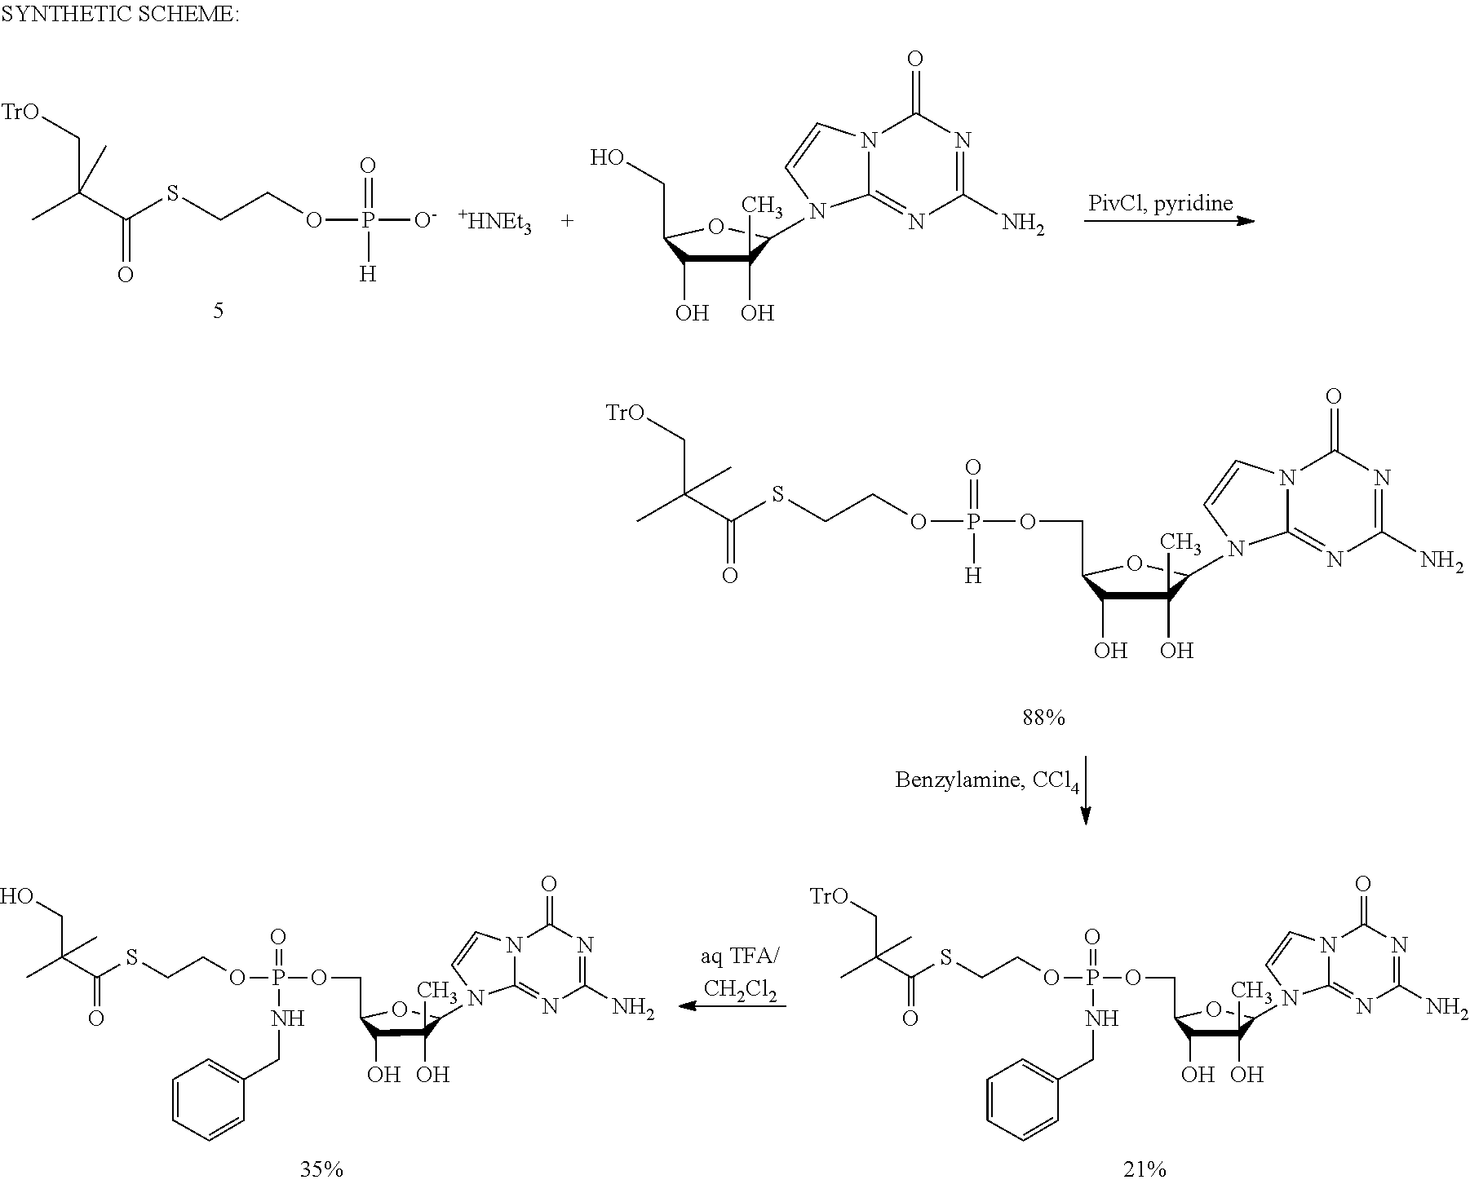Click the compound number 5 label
click(x=218, y=311)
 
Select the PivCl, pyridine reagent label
click(x=1160, y=203)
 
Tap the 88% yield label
click(x=1044, y=718)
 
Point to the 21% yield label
click(x=1144, y=1169)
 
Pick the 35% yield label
click(x=321, y=1169)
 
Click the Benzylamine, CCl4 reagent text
click(x=987, y=781)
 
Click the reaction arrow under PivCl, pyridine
click(x=1168, y=221)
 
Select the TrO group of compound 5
click(x=21, y=112)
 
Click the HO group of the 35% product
click(x=17, y=897)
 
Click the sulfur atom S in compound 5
click(x=172, y=194)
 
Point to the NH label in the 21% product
click(x=1102, y=1018)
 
